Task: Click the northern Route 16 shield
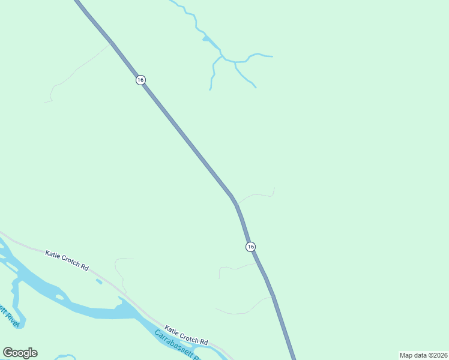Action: coord(140,80)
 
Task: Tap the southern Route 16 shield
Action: coord(250,247)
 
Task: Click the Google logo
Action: coord(20,353)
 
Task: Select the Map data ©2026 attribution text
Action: coord(424,355)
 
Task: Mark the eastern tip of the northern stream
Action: coord(272,57)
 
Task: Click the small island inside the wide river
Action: coord(59,296)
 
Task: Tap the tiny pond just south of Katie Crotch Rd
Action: coord(99,281)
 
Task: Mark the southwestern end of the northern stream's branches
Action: coord(210,89)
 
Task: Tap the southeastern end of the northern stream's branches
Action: coord(256,88)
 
